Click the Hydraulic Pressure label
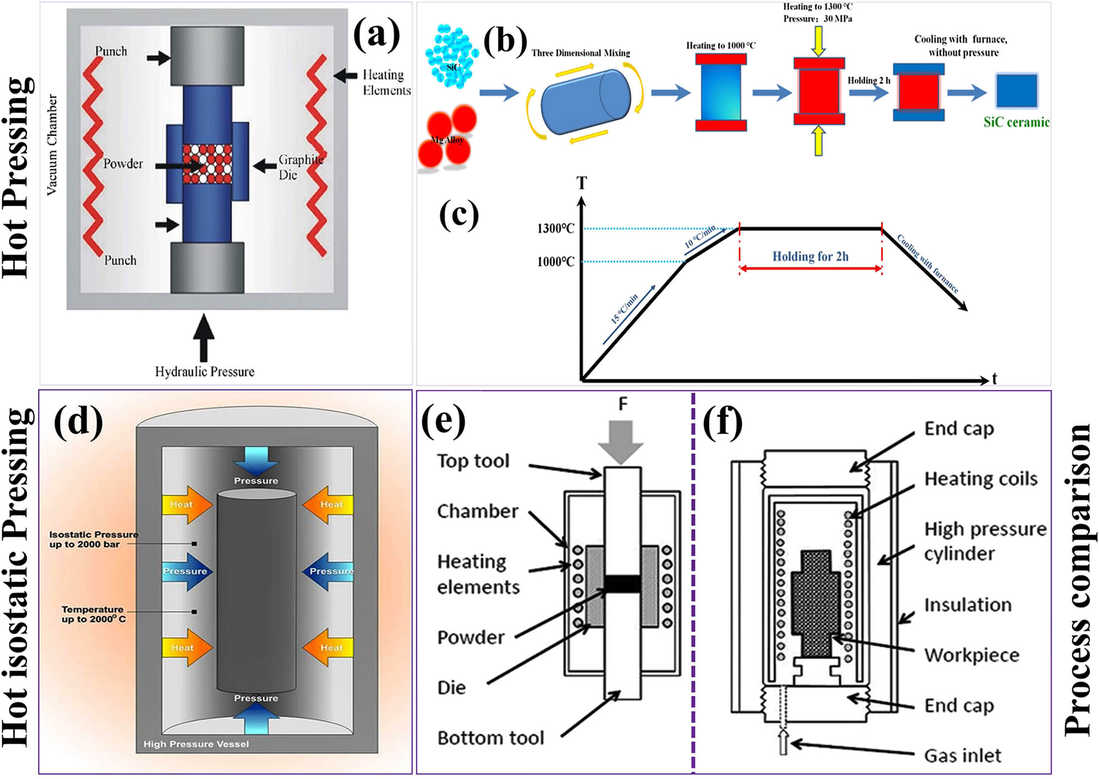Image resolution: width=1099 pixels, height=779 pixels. (204, 372)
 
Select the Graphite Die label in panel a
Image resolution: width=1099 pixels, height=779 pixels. (300, 167)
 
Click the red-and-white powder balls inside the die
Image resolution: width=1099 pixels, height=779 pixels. (207, 164)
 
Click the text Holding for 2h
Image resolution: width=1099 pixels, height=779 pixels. (810, 256)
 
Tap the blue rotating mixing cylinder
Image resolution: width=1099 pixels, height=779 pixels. (585, 101)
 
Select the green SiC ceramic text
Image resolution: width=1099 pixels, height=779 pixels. (1016, 122)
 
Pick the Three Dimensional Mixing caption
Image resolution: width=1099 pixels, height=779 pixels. (580, 53)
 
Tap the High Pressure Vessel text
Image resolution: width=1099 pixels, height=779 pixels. (196, 744)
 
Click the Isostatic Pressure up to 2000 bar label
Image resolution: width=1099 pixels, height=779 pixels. (93, 539)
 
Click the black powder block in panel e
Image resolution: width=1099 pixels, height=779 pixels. (622, 583)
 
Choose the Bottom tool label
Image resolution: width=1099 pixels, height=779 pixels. (490, 738)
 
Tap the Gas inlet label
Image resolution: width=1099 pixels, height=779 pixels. (962, 755)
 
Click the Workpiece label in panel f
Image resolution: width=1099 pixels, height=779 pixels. (971, 655)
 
